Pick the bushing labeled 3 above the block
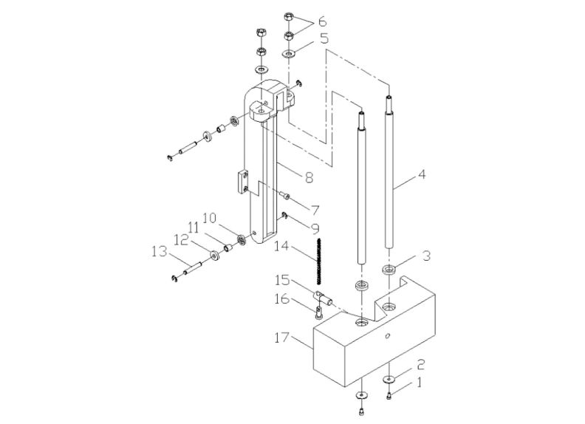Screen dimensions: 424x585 click(x=389, y=269)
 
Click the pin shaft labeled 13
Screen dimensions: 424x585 click(x=195, y=270)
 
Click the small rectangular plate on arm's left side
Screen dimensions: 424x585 click(x=242, y=182)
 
